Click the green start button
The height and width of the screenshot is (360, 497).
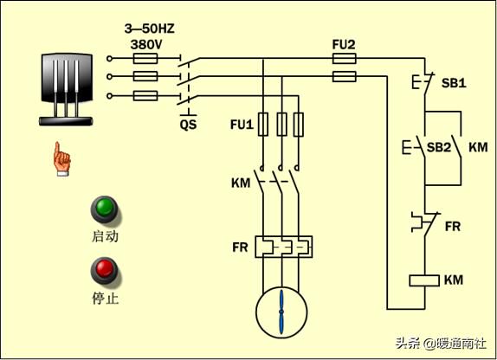[x=105, y=209]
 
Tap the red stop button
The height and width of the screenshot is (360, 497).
[x=105, y=271]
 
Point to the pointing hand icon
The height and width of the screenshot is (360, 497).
[x=61, y=158]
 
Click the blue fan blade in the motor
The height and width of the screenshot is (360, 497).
[x=281, y=312]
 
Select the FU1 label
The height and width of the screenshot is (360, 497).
[x=242, y=125]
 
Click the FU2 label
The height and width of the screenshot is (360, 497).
[x=344, y=45]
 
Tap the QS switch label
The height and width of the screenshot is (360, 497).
[x=188, y=125]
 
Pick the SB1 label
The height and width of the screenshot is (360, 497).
[x=454, y=83]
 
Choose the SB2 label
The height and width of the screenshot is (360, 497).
[x=439, y=147]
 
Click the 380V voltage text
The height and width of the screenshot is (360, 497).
[x=146, y=45]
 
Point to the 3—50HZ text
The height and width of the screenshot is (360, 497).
[x=149, y=29]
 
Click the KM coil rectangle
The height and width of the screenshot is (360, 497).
[x=424, y=280]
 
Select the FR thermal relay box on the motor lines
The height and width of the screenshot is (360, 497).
[x=284, y=247]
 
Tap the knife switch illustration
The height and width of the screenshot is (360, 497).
[x=67, y=90]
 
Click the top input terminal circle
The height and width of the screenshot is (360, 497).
[x=109, y=59]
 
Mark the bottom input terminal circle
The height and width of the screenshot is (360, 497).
[x=109, y=96]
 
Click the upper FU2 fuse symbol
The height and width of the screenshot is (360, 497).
[x=345, y=59]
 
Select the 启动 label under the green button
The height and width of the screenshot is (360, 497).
[x=106, y=236]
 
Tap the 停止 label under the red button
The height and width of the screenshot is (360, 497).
[x=106, y=298]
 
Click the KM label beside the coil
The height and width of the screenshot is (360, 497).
[x=454, y=280]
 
